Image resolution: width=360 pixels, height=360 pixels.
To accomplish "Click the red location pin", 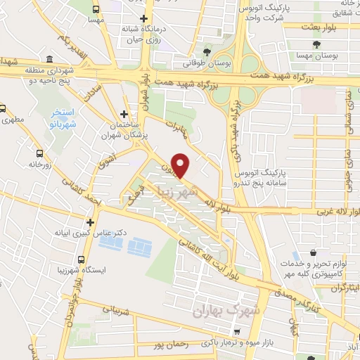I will click(x=182, y=165).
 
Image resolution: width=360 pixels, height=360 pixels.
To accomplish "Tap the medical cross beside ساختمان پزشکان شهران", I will click(x=124, y=113).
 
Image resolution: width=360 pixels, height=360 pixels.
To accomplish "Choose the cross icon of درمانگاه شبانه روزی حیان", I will click(x=144, y=19).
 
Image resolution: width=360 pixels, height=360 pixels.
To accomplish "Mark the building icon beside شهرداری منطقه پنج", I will click(x=49, y=60).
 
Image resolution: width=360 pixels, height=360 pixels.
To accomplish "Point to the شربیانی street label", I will click(x=112, y=309).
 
